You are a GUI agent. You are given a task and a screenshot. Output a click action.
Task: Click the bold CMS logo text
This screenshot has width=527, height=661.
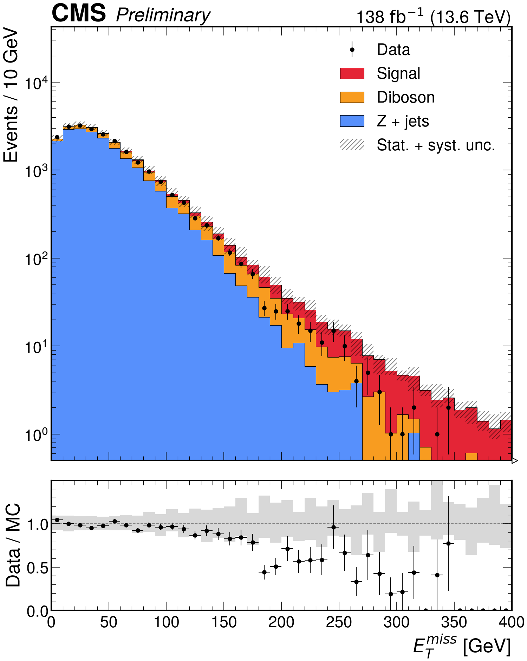click(79, 13)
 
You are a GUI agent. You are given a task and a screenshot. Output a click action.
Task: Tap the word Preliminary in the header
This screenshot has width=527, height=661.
click(163, 16)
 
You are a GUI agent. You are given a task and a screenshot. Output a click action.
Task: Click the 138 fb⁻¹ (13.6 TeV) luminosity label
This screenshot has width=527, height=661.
click(434, 16)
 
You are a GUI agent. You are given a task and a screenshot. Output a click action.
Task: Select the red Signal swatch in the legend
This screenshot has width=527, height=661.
click(352, 73)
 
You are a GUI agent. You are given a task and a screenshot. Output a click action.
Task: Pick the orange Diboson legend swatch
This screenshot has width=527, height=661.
click(352, 97)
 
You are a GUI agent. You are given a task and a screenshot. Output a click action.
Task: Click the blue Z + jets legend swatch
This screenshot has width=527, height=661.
click(352, 121)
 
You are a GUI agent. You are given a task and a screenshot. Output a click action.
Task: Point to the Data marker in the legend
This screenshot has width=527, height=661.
click(352, 50)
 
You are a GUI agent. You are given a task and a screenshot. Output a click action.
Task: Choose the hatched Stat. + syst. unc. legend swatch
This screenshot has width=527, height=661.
click(352, 145)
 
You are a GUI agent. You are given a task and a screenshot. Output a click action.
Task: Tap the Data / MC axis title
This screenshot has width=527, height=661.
click(13, 545)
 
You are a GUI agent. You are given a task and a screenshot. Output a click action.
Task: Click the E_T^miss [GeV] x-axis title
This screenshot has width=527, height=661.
click(462, 647)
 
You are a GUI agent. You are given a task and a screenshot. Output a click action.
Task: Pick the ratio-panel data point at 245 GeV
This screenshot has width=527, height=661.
click(333, 527)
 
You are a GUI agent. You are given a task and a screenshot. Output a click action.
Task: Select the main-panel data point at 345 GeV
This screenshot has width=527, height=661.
click(448, 407)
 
